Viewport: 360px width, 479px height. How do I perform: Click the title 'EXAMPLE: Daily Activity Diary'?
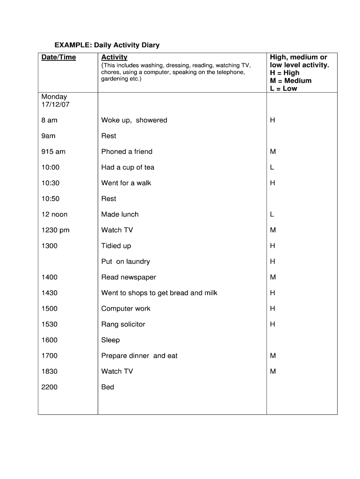click(107, 45)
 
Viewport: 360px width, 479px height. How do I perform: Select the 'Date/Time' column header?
click(59, 57)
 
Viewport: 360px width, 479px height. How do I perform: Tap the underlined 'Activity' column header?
click(114, 57)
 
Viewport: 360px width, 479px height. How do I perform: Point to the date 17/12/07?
click(56, 104)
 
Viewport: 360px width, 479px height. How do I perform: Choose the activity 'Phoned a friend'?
click(127, 152)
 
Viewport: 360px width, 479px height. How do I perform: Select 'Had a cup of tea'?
click(128, 167)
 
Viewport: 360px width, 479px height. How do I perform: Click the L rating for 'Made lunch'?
click(272, 214)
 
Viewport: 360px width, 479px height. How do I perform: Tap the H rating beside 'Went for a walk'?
click(273, 183)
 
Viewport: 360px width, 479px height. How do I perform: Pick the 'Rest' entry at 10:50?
click(108, 199)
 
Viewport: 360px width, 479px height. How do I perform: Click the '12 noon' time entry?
click(55, 214)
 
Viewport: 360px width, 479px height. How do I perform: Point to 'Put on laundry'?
click(125, 261)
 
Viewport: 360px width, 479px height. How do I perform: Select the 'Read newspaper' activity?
click(129, 277)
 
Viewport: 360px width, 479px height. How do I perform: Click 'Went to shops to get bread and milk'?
click(159, 293)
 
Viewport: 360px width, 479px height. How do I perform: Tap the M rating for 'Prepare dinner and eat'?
click(273, 356)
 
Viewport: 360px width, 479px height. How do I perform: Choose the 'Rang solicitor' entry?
click(123, 324)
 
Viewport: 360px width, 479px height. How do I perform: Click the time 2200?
click(50, 387)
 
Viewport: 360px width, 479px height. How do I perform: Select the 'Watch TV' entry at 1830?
click(117, 371)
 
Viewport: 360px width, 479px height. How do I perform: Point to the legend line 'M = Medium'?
click(290, 80)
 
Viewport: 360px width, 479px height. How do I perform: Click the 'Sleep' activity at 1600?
click(110, 340)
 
